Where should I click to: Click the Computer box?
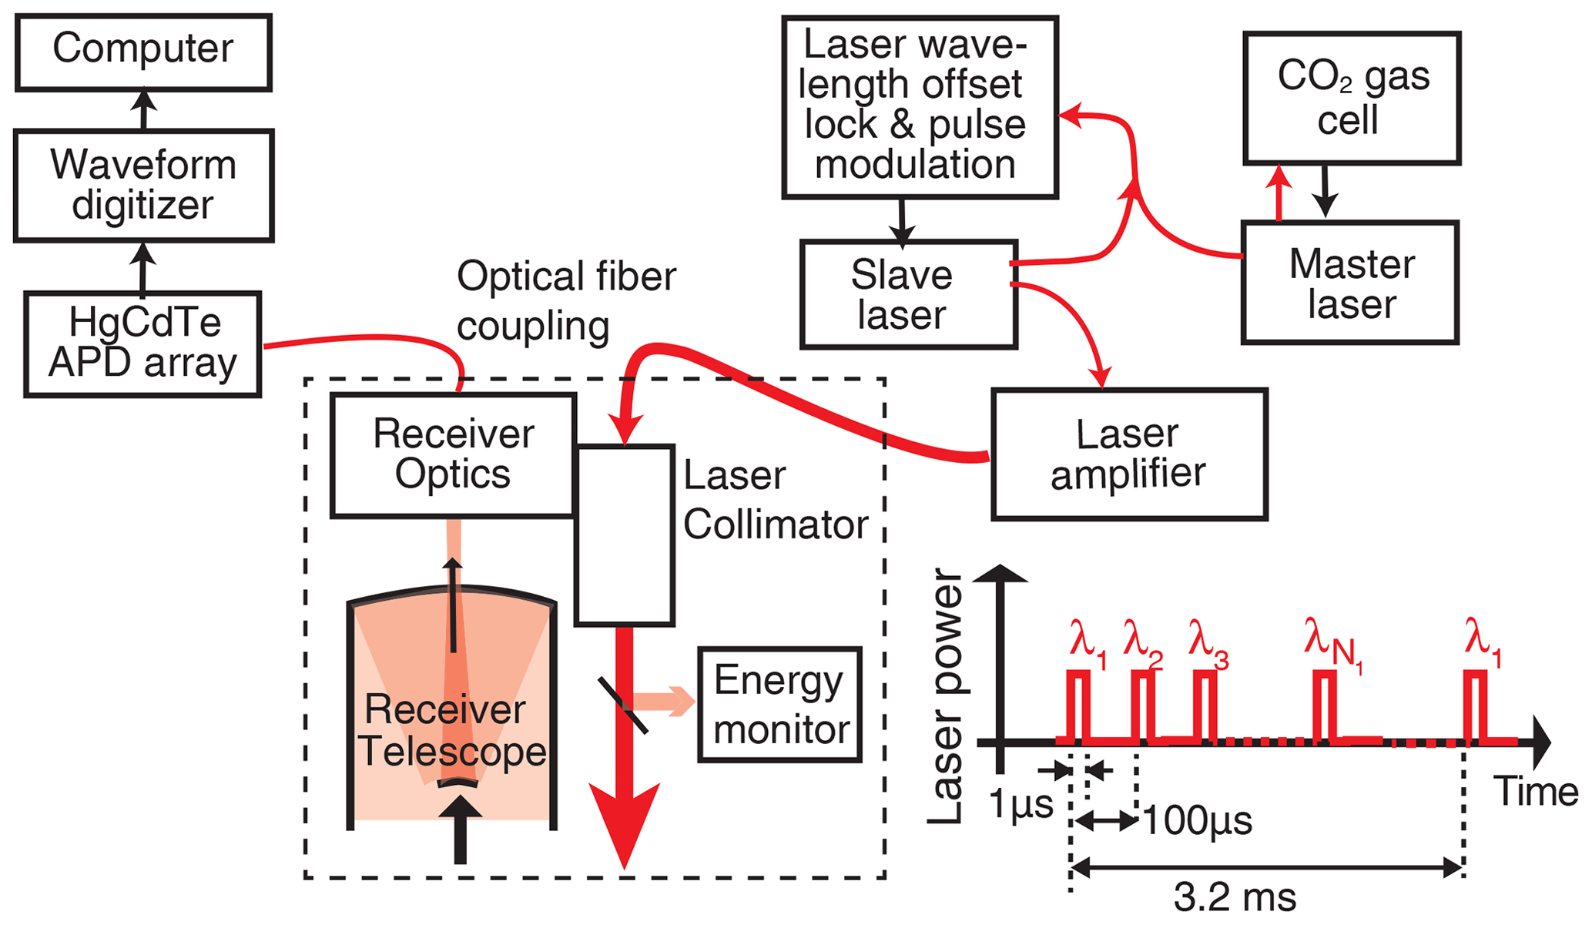pos(143,52)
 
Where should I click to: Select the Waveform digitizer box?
pos(143,185)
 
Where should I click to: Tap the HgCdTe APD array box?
pos(143,344)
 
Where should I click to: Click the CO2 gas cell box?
pos(1352,98)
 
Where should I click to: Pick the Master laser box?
pos(1350,283)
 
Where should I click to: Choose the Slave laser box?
pos(909,294)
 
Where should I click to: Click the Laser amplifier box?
pos(1129,454)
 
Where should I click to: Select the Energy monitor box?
pos(779,705)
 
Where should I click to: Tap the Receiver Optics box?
pos(453,454)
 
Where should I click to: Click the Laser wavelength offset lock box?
pos(920,107)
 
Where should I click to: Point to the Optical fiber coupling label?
pos(565,300)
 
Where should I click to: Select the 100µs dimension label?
pos(1197,821)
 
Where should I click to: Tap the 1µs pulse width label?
pos(1021,805)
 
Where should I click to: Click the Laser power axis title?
pos(947,696)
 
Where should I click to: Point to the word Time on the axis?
pos(1535,792)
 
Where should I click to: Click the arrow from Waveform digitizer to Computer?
pos(143,110)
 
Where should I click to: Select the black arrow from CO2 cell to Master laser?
pos(1325,191)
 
